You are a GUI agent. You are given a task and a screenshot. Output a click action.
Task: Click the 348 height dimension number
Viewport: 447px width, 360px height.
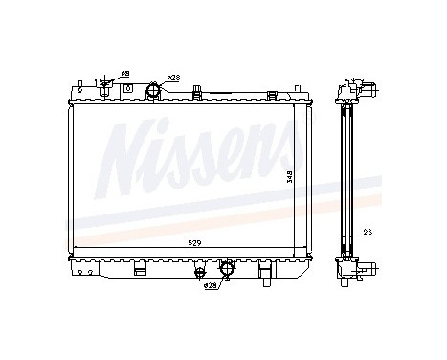click(292, 177)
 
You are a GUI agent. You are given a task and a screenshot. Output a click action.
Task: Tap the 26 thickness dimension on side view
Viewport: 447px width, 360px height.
click(368, 231)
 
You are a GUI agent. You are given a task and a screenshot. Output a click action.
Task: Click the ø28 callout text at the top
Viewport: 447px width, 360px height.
click(173, 78)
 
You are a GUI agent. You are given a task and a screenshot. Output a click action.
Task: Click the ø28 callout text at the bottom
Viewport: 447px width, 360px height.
click(210, 285)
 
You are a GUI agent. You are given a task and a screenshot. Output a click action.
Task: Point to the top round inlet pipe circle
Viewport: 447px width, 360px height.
click(153, 91)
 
